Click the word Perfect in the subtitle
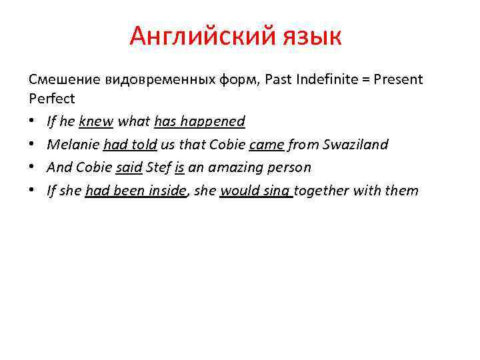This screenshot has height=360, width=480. click(x=52, y=98)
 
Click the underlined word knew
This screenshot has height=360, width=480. click(x=97, y=121)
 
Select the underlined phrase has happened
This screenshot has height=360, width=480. click(x=199, y=121)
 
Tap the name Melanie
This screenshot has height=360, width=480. click(x=73, y=145)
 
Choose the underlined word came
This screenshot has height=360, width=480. click(x=267, y=145)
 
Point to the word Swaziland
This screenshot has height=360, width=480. click(x=353, y=145)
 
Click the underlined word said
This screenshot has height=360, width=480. click(x=129, y=167)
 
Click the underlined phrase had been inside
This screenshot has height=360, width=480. click(x=136, y=191)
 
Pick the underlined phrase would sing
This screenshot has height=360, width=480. click(x=256, y=191)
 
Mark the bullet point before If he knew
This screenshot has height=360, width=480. click(x=33, y=122)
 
